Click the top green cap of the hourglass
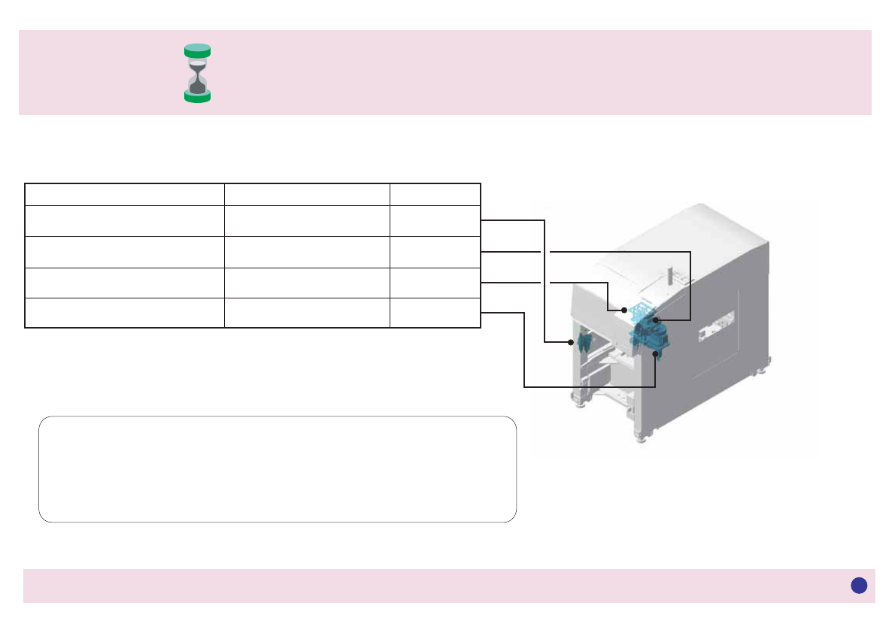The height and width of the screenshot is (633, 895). click(x=197, y=50)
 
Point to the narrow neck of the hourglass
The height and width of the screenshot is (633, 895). click(x=197, y=74)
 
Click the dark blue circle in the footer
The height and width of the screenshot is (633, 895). click(x=859, y=586)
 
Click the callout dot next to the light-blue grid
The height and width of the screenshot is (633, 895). click(x=624, y=310)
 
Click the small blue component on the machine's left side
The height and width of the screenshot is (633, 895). click(x=584, y=344)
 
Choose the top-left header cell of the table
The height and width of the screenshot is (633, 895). click(x=125, y=194)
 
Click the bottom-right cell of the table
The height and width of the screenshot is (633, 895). click(x=435, y=313)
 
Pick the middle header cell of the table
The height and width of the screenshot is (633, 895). click(x=307, y=194)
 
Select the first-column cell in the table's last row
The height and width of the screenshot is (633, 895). click(x=125, y=313)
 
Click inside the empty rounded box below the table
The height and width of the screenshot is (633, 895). click(x=278, y=469)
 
